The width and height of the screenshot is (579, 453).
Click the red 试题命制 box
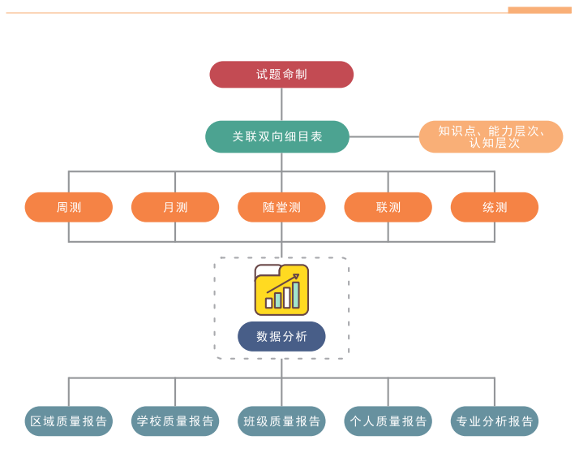pos(281,75)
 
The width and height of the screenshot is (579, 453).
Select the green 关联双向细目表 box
pos(277,136)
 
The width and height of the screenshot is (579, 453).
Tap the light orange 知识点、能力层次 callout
pos(491,136)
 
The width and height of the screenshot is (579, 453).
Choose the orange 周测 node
pos(69,207)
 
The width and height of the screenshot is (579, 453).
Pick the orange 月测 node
pos(175,207)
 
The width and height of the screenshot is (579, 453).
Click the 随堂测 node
pos(281,207)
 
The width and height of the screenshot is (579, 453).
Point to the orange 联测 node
pos(388,207)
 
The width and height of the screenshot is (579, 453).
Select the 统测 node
pos(495,207)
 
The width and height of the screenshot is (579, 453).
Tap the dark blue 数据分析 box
pos(281,336)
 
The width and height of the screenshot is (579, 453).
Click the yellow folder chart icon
pos(281,290)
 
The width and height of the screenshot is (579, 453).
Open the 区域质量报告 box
pos(69,421)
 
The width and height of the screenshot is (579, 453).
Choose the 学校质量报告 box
pos(175,421)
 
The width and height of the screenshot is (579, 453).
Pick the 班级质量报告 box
pos(281,421)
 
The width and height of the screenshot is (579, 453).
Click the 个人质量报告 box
pos(388,421)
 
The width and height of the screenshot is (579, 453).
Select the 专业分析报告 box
pos(495,421)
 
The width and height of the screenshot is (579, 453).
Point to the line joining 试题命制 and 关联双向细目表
pos(281,104)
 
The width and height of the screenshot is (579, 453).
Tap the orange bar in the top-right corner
pos(539,10)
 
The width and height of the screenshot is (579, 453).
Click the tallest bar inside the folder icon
pos(296,294)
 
